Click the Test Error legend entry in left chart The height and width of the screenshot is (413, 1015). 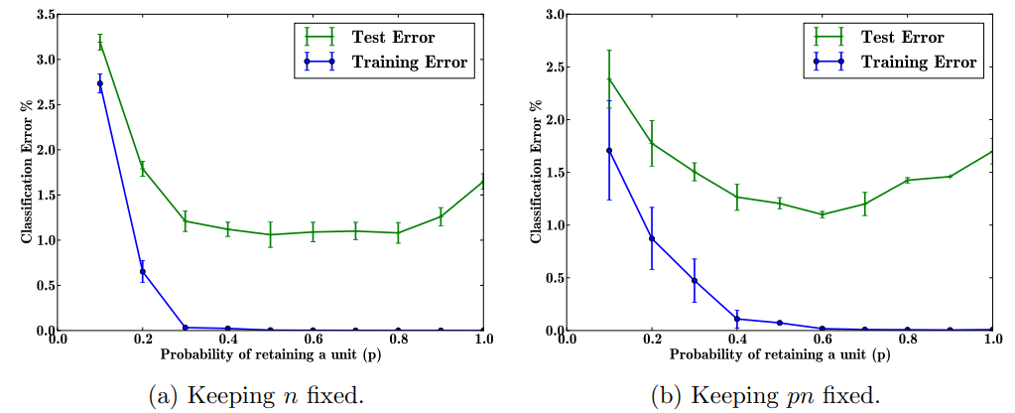pos(393,37)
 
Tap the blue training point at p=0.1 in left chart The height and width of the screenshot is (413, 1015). pos(100,83)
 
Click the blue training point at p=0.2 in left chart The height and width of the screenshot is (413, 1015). pos(143,271)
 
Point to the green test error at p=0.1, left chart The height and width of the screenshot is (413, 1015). pos(100,42)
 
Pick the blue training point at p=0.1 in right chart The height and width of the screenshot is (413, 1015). pos(609,151)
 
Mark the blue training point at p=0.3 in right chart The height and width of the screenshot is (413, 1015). pos(695,280)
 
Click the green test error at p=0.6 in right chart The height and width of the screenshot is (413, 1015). pos(823,214)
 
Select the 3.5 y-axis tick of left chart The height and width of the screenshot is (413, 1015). pos(43,15)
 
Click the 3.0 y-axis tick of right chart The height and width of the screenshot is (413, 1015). pos(553,15)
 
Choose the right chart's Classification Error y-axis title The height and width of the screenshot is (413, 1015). pos(537,172)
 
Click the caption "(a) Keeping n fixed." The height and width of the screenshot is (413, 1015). pos(256,396)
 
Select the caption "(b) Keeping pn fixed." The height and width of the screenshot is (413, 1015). pos(766,396)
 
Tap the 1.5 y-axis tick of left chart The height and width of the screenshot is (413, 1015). pos(43,196)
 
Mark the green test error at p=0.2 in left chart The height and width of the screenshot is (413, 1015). pos(143,169)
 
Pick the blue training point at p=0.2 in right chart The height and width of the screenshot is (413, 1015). pos(652,238)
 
